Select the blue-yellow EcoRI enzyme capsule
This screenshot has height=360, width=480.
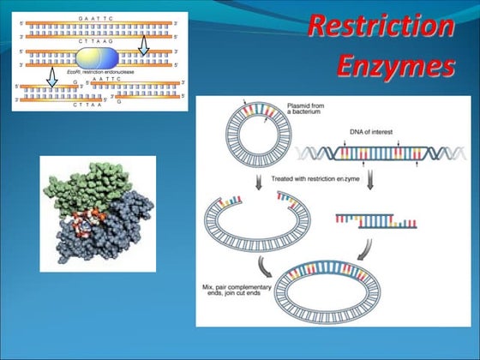coord(99,58)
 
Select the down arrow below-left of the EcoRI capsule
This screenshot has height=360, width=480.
coord(51,78)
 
